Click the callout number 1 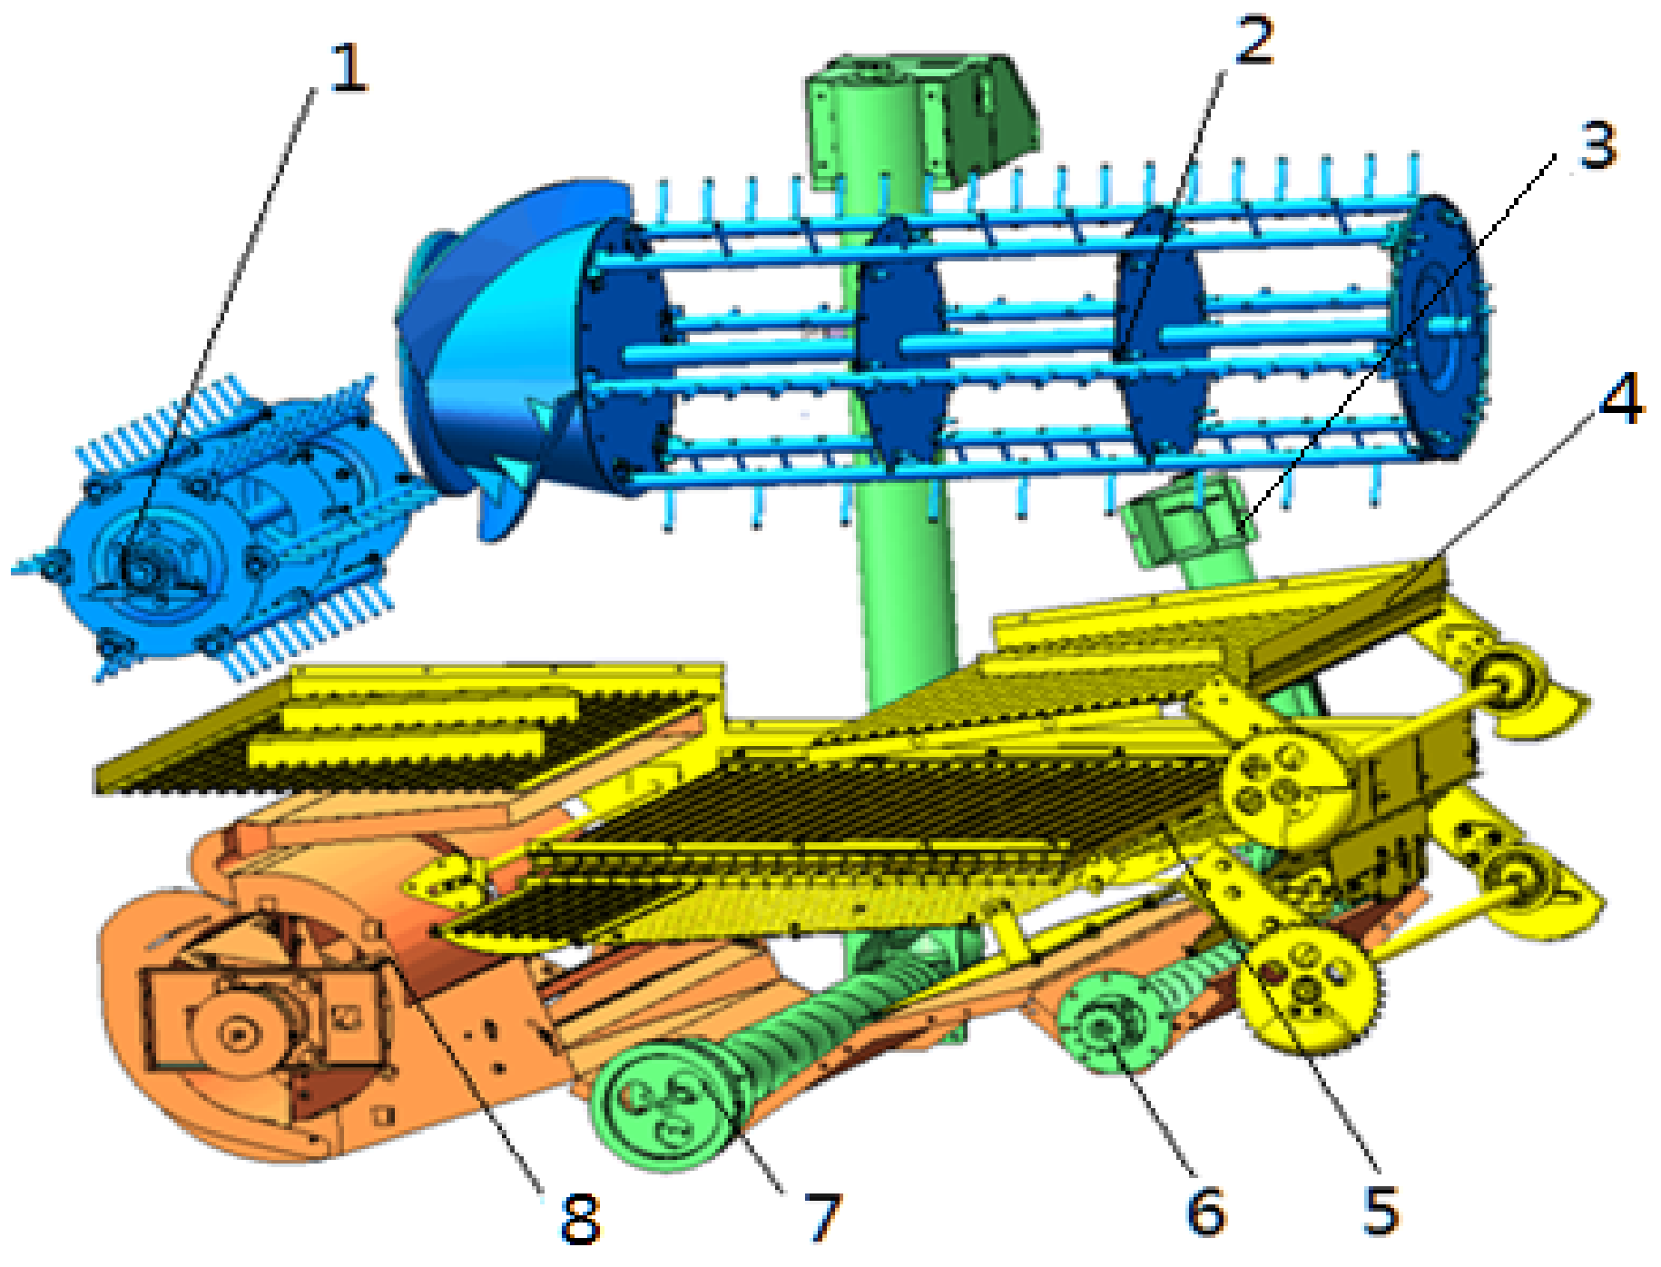348,68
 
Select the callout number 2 1253,41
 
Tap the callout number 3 1597,145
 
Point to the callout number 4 1621,399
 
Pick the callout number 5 1381,1210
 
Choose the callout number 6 1206,1212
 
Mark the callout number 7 823,1216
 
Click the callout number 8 580,1219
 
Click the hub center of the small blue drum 141,569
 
